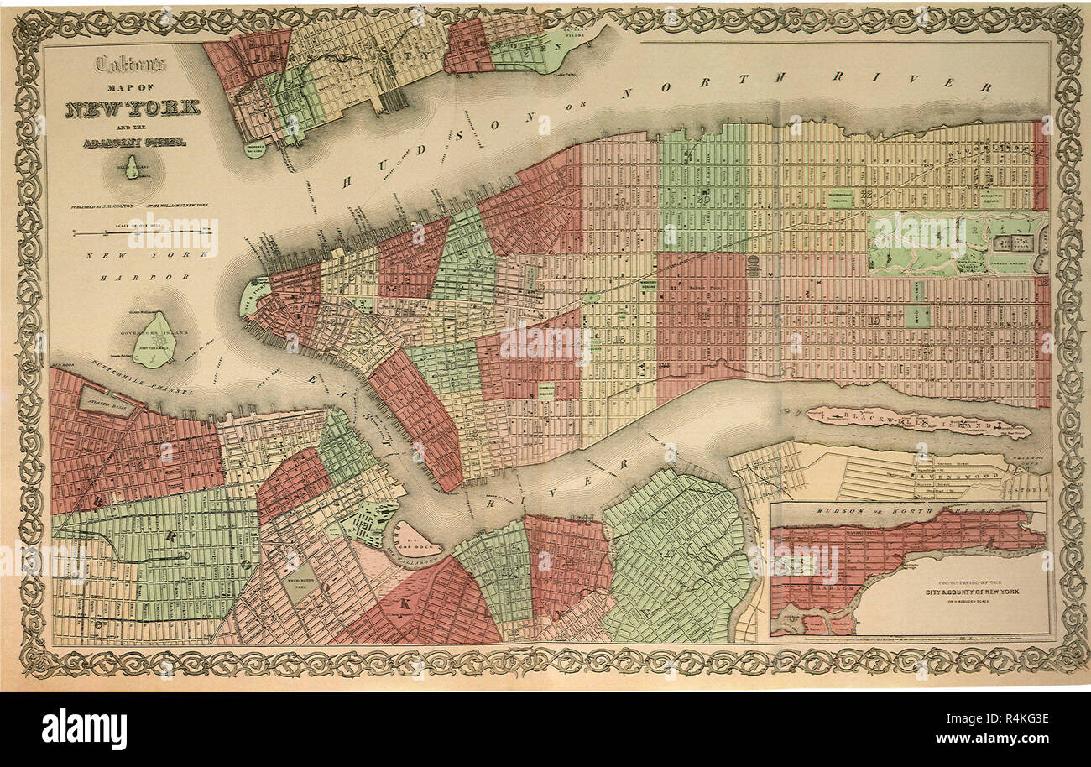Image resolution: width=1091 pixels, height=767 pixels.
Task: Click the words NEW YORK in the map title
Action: pos(133,107)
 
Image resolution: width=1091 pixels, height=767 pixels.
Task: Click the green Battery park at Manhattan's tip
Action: pos(251,296)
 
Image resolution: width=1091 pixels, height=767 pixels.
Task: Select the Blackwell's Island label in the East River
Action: pos(915,422)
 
